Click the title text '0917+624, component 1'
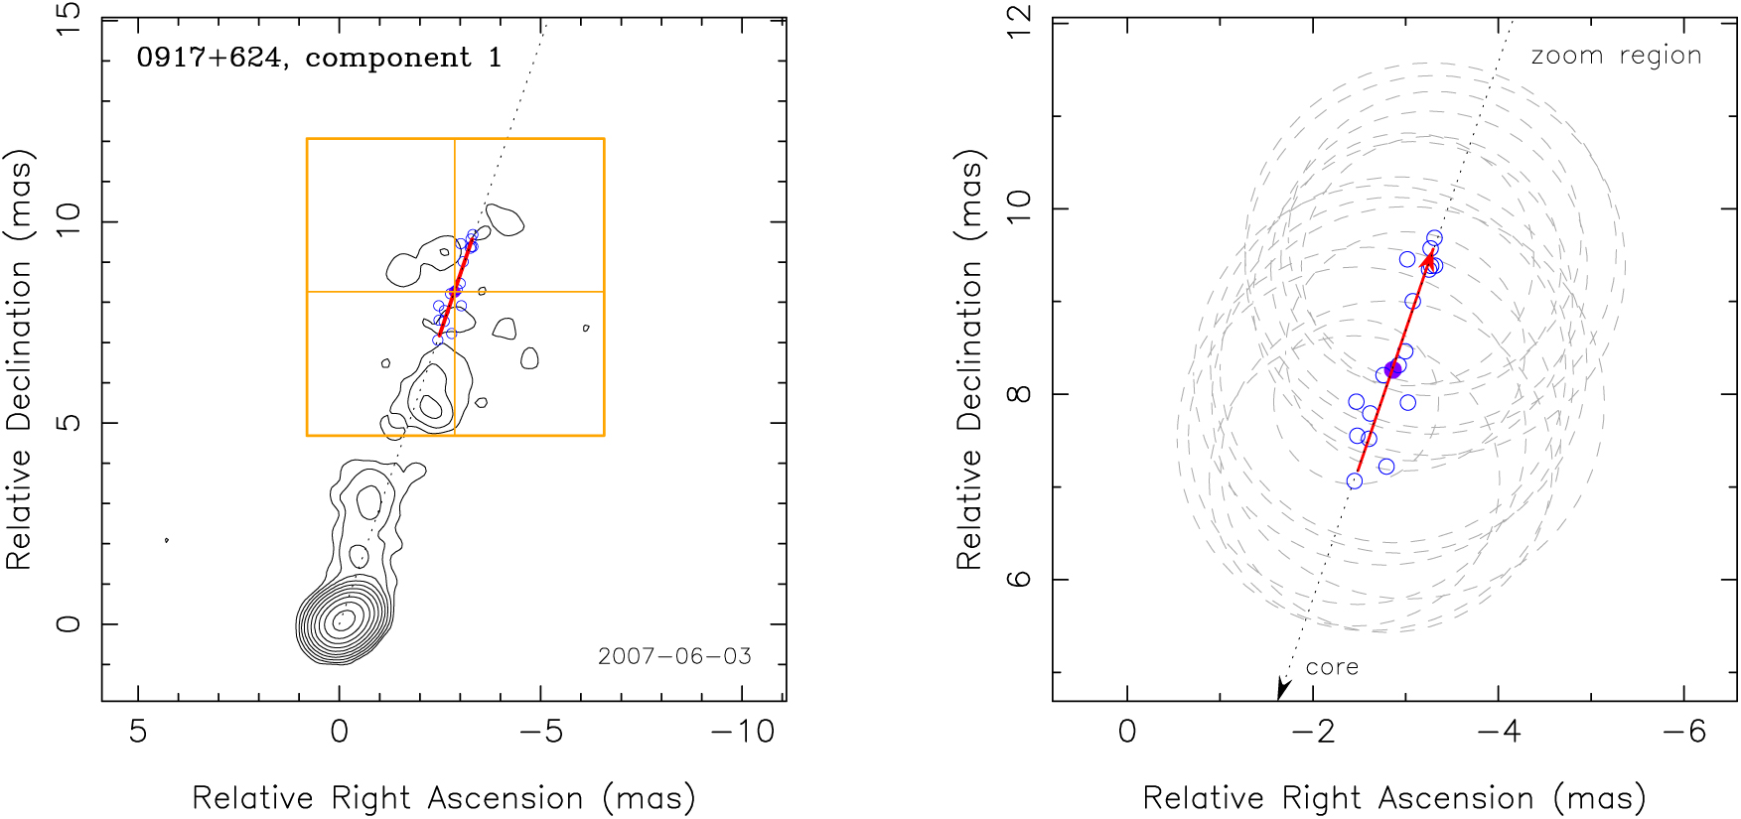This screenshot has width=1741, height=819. click(319, 58)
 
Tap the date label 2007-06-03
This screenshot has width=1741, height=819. click(674, 656)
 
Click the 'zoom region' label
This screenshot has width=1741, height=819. click(1616, 56)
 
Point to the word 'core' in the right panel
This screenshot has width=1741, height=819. click(1332, 667)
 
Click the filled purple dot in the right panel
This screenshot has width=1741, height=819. click(1392, 369)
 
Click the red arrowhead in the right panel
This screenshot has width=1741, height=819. click(1427, 261)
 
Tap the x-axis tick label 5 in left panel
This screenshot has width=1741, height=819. click(138, 732)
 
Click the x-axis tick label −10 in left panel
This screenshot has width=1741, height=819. click(742, 732)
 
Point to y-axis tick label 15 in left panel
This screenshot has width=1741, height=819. click(69, 20)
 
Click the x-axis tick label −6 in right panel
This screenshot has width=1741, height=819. click(1683, 732)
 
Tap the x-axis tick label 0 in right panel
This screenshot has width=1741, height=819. click(1127, 732)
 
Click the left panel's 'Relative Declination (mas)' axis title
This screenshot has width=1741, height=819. click(20, 359)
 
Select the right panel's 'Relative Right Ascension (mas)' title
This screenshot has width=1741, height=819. click(1394, 798)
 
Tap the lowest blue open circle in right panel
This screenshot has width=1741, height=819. click(1355, 481)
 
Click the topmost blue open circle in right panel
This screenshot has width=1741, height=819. click(1434, 237)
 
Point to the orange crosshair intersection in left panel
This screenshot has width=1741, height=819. click(455, 292)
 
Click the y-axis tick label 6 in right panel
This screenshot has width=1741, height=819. click(1019, 579)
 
